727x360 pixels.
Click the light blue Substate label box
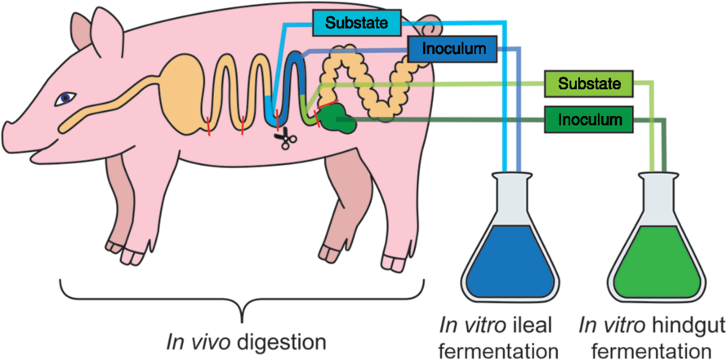(x=357, y=22)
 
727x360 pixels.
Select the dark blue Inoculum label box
(x=451, y=49)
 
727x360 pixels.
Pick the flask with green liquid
(x=660, y=253)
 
